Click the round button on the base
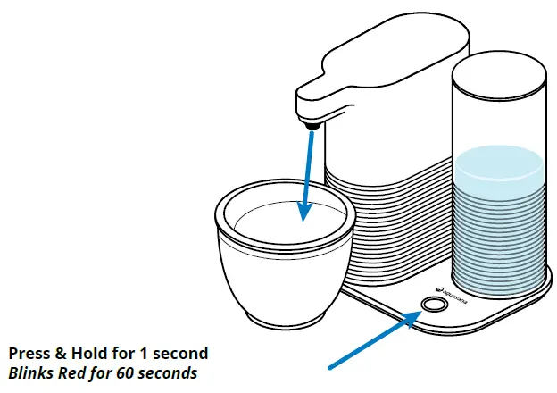point(435,305)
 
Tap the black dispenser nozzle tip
point(313,127)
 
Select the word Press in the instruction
point(29,353)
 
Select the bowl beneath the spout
point(281,259)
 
